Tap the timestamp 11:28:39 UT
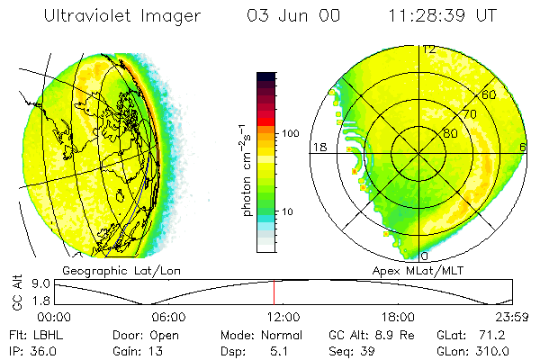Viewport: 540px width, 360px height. pos(443,15)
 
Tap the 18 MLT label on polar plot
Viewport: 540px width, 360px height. pos(319,147)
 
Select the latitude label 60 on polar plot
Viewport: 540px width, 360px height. pos(489,94)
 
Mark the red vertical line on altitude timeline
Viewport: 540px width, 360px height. pos(274,292)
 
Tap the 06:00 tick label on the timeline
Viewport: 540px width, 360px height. pos(168,317)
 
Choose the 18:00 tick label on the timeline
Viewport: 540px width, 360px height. pos(398,317)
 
